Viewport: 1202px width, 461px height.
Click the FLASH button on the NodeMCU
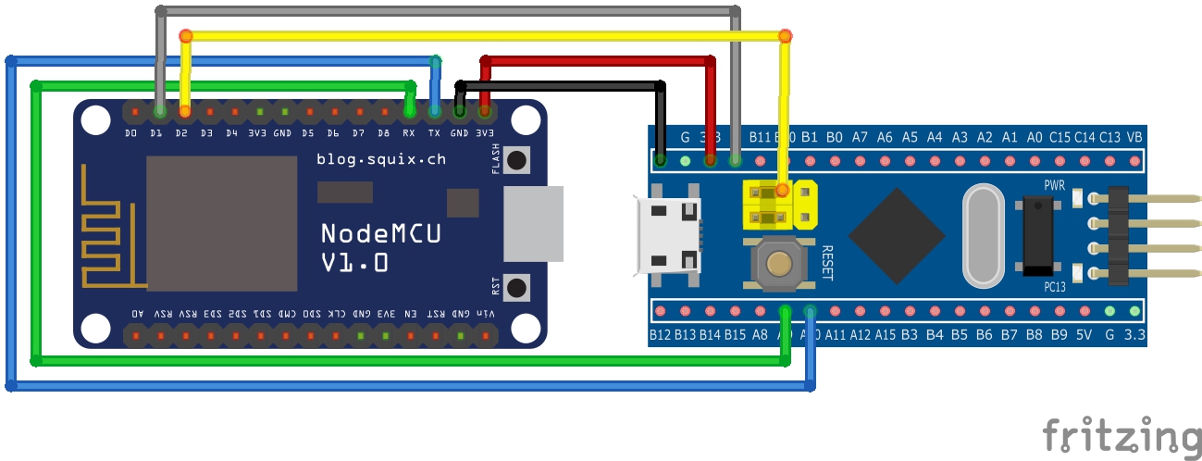517,160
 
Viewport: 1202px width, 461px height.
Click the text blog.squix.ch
380,159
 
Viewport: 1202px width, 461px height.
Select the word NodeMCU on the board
380,233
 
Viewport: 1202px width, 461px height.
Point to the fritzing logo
1121,435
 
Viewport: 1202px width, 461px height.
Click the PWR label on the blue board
1055,185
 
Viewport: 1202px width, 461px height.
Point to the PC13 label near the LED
1055,287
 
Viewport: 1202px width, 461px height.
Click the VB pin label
1134,137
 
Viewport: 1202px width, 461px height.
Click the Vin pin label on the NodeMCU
485,314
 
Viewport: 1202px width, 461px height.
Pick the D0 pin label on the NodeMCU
131,133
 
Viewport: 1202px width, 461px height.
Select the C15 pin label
1059,137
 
